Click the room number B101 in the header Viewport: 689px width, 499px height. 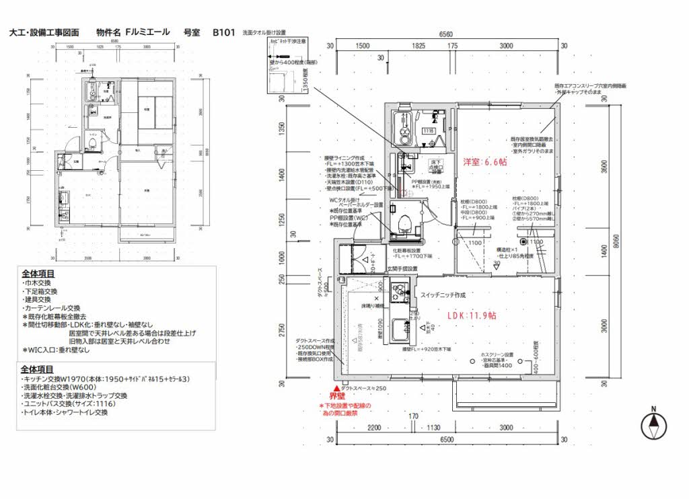click(x=223, y=32)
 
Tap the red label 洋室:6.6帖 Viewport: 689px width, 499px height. click(x=484, y=162)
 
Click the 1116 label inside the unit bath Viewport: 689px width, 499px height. click(x=429, y=131)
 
